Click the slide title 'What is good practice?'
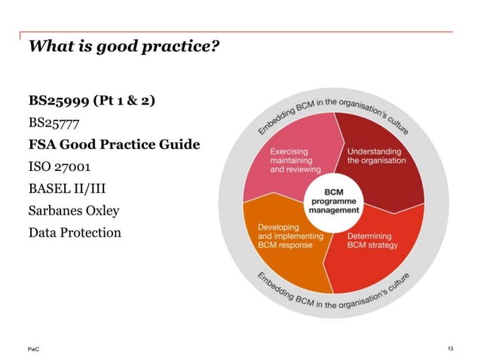point(124,47)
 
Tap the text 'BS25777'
point(54,121)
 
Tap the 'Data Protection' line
point(74,233)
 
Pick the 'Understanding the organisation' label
point(375,156)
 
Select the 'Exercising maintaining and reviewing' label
point(295,160)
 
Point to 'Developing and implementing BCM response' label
point(290,236)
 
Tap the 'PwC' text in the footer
point(34,348)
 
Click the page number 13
point(450,348)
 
